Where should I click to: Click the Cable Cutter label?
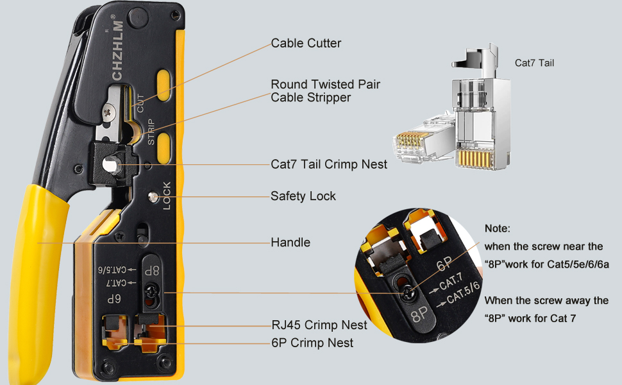click(306, 44)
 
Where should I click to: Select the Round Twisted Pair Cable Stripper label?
click(325, 91)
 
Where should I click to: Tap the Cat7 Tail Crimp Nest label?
click(329, 164)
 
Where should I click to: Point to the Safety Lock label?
click(303, 196)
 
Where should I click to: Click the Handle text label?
click(290, 242)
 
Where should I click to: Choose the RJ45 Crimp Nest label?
click(319, 325)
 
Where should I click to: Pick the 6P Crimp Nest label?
click(312, 343)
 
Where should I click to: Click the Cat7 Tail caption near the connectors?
click(534, 63)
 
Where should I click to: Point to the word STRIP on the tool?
click(151, 132)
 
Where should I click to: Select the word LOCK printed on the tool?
click(166, 196)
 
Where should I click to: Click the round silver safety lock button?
click(153, 198)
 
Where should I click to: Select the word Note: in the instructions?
click(498, 228)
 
